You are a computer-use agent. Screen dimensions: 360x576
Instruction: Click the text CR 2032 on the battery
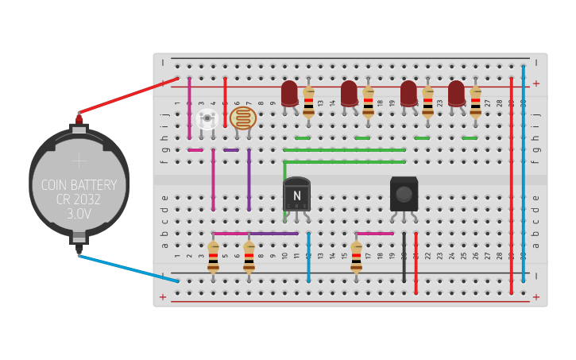(x=79, y=200)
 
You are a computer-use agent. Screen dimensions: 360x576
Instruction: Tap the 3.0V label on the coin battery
(x=79, y=215)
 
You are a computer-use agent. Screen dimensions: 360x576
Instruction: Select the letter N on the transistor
(x=296, y=195)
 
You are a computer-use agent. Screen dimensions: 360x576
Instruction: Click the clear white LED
(x=207, y=119)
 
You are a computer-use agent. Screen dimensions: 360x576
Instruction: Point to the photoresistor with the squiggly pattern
(x=243, y=119)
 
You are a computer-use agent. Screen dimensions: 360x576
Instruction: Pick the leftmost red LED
(x=289, y=93)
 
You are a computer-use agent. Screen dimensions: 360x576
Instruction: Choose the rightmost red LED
(x=456, y=93)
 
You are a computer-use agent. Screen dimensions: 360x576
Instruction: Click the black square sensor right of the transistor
(x=404, y=194)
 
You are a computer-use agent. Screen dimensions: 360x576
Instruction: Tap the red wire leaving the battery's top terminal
(x=127, y=97)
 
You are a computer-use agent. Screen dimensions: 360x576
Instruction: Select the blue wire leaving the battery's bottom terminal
(x=127, y=268)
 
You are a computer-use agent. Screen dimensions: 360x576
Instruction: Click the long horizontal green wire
(x=344, y=149)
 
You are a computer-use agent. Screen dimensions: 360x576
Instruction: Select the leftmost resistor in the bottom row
(x=213, y=257)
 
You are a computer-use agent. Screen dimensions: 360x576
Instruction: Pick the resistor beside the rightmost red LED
(x=475, y=102)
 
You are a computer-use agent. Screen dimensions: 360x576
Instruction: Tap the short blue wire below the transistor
(x=308, y=257)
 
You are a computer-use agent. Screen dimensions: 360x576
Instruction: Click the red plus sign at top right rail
(x=536, y=83)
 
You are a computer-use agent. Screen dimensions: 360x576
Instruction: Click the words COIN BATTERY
(x=79, y=185)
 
